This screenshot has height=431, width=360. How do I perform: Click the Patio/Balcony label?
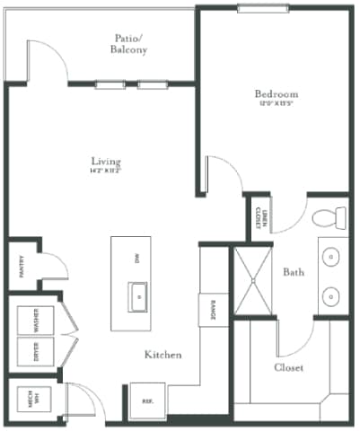pos(131,44)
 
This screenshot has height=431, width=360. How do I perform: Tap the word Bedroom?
pos(276,94)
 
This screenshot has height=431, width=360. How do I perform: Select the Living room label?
pos(105,163)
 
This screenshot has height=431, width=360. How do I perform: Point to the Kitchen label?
pos(163,356)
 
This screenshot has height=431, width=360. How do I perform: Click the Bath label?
pos(294,271)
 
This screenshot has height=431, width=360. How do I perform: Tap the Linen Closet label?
pos(259,216)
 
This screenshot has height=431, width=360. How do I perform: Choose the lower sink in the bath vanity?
pos(332,295)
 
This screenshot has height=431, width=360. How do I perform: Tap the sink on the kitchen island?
pos(138,293)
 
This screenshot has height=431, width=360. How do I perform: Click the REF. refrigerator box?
pos(146,401)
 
